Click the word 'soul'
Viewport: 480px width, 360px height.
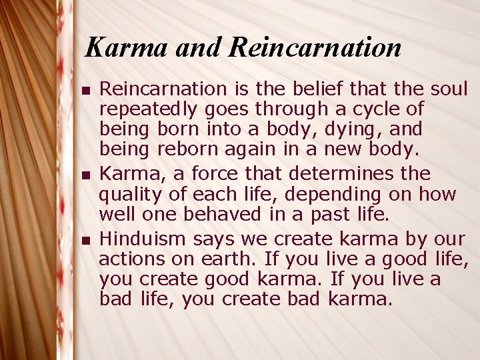click(x=449, y=89)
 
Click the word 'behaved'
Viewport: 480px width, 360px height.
click(x=214, y=215)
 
